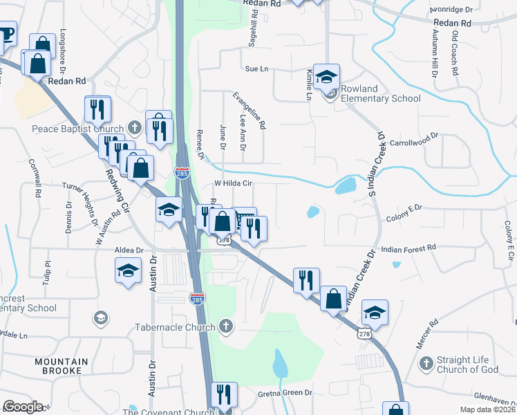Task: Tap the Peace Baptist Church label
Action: [x=77, y=128]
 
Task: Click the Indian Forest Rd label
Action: [x=408, y=247]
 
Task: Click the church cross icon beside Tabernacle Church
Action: [x=225, y=326]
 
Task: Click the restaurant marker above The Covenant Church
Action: [x=223, y=395]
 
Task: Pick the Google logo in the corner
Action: [x=23, y=407]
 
